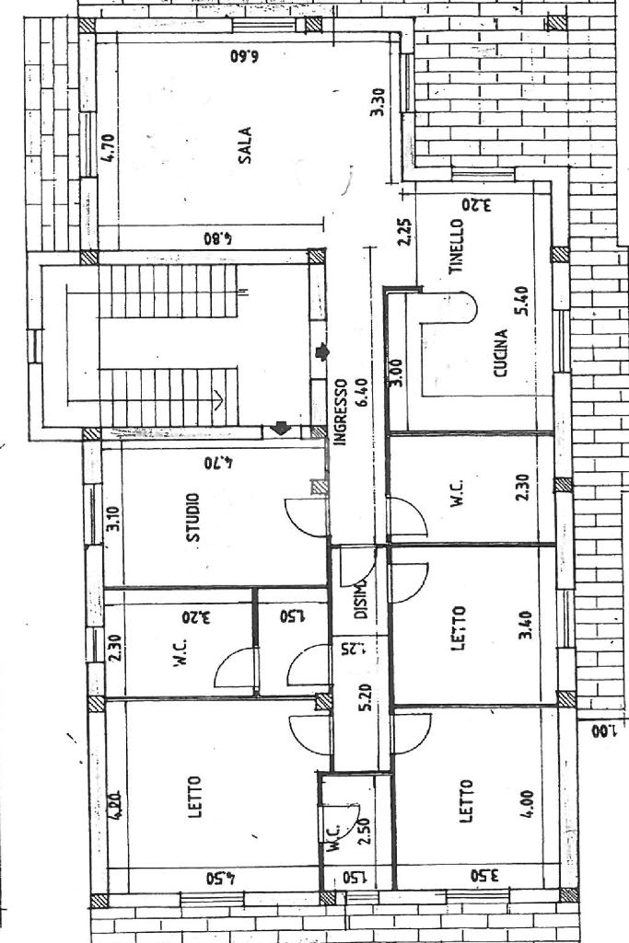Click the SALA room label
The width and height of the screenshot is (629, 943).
pyautogui.click(x=246, y=144)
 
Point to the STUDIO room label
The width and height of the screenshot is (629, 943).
pyautogui.click(x=194, y=518)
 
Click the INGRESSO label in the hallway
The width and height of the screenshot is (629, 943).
pyautogui.click(x=339, y=413)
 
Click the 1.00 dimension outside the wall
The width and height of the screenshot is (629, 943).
pyautogui.click(x=601, y=731)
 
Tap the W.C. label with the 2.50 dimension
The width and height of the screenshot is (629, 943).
pyautogui.click(x=339, y=833)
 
